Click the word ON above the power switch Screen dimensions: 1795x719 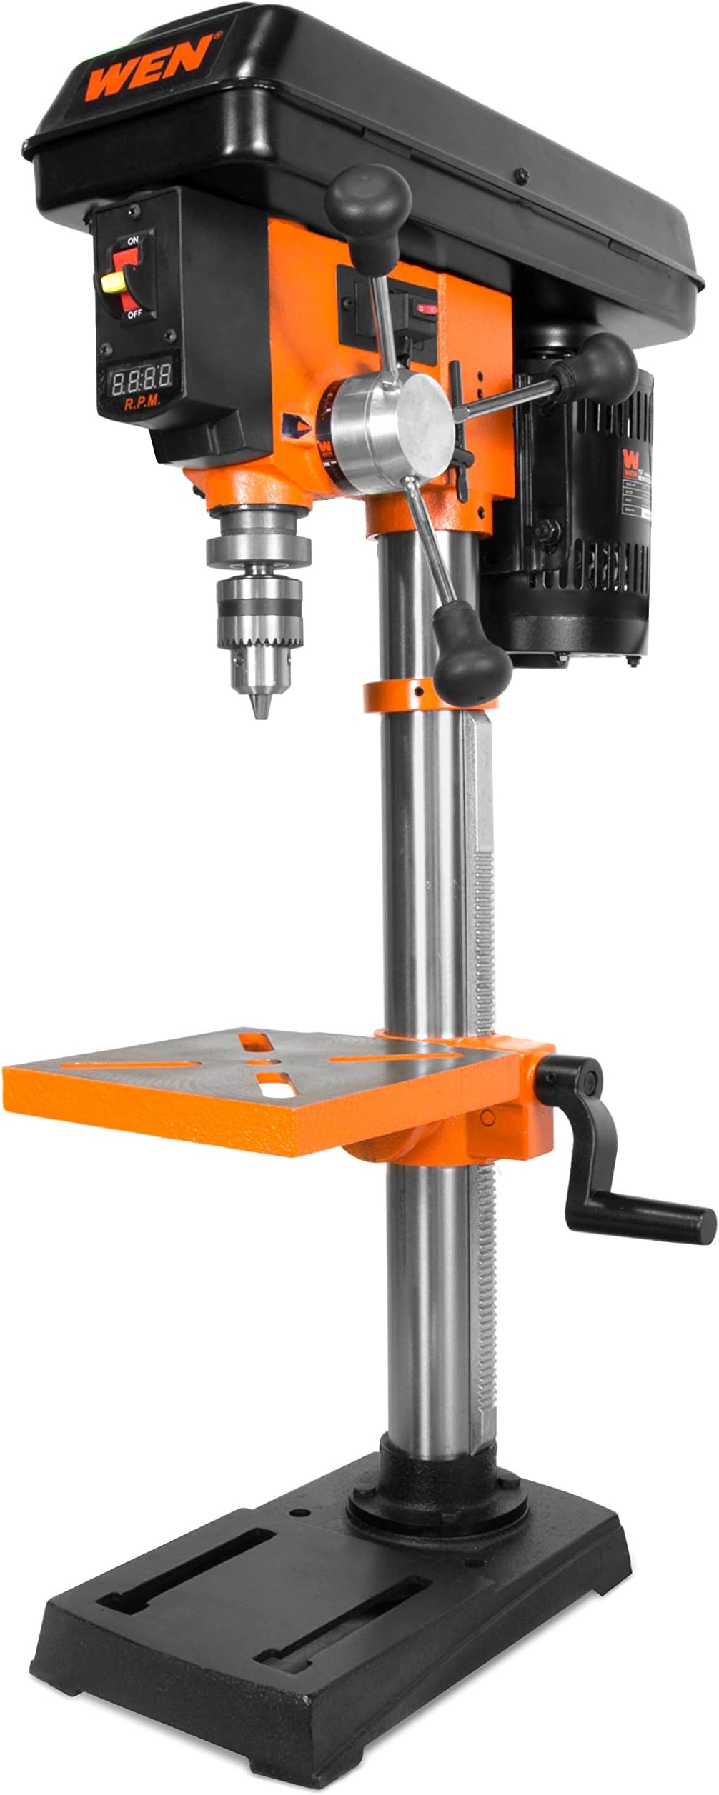point(132,241)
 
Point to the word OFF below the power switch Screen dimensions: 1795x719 point(133,314)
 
